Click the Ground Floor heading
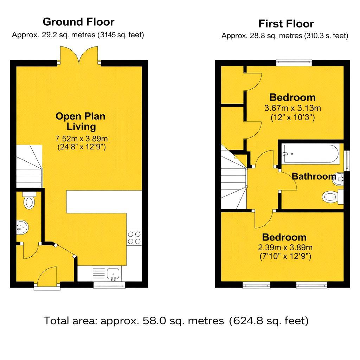pyautogui.click(x=78, y=22)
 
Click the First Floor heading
pyautogui.click(x=286, y=24)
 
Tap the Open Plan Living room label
pyautogui.click(x=81, y=121)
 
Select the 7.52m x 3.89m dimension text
pyautogui.click(x=82, y=139)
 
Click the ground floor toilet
pyautogui.click(x=29, y=200)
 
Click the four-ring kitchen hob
pyautogui.click(x=134, y=238)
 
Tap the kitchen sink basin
pyautogui.click(x=113, y=274)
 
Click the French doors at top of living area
pyautogui.click(x=79, y=56)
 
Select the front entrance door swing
pyautogui.click(x=47, y=277)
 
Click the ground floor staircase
pyautogui.click(x=29, y=166)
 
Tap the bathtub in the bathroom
pyautogui.click(x=311, y=154)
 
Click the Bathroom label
pyautogui.click(x=314, y=176)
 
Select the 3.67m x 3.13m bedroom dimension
pyautogui.click(x=292, y=108)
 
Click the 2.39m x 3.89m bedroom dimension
pyautogui.click(x=285, y=247)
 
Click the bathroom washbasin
pyautogui.click(x=338, y=179)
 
